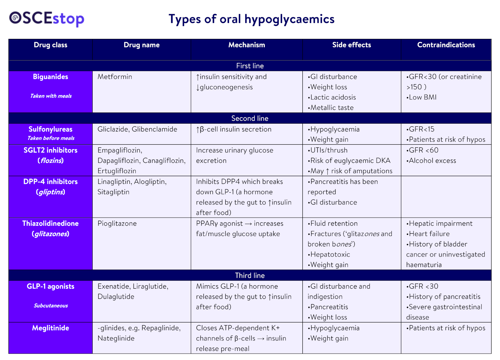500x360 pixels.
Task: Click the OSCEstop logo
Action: point(47,19)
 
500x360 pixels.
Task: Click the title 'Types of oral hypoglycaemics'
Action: point(251,19)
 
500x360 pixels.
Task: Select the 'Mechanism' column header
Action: point(247,45)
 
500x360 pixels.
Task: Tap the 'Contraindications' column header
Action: point(446,45)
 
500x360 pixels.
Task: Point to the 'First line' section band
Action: point(250,66)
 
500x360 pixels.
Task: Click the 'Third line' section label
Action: point(250,275)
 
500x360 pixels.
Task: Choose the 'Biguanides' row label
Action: point(50,77)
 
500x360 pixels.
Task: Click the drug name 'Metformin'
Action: point(115,77)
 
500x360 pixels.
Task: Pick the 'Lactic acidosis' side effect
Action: point(333,97)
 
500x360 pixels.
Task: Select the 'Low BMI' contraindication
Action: point(422,97)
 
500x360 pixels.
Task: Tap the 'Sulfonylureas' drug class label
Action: point(50,129)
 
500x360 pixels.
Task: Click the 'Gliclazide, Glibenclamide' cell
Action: point(137,129)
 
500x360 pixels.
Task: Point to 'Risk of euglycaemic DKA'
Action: point(350,161)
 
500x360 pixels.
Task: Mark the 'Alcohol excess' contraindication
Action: point(432,161)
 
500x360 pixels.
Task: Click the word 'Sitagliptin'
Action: point(114,192)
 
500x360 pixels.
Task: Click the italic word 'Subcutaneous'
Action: point(51,306)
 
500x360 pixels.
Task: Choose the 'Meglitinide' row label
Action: point(50,328)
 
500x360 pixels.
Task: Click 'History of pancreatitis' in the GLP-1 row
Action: point(444,296)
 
